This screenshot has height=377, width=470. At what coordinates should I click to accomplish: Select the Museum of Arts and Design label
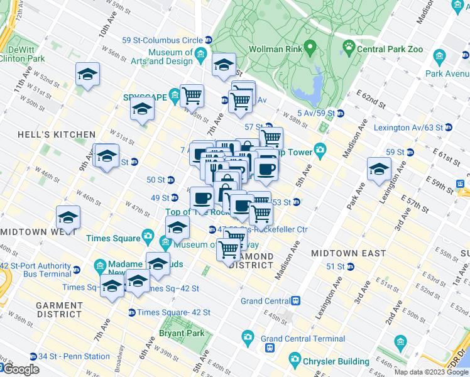tap(170, 57)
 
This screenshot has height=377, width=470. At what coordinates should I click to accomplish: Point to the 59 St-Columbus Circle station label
tap(162, 40)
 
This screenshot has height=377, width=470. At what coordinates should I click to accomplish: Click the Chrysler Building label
tap(337, 361)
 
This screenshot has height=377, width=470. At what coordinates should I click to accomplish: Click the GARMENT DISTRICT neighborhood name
tap(59, 309)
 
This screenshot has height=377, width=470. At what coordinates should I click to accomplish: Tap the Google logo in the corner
tap(20, 369)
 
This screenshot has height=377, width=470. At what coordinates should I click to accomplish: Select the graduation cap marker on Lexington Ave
tap(380, 170)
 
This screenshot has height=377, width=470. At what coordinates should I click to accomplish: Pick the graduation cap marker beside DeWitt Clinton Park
tap(87, 74)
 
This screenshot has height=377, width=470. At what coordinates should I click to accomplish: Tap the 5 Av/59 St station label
tap(316, 113)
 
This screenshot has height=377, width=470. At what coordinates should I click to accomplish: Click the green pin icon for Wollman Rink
tap(309, 48)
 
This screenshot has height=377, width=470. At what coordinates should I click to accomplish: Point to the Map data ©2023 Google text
tap(431, 372)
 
